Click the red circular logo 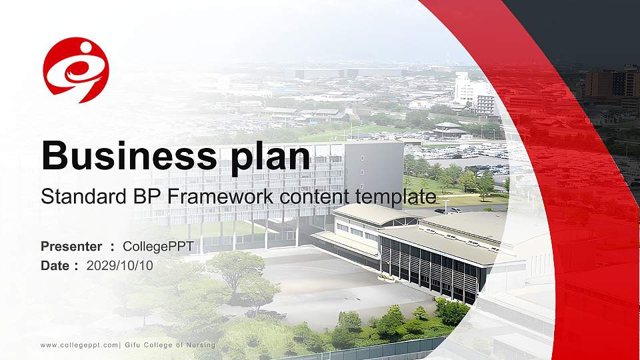tap(76, 70)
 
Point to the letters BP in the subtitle tap(146, 197)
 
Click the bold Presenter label tap(71, 247)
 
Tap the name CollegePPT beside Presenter tap(159, 247)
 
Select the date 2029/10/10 tap(120, 265)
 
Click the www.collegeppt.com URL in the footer tap(79, 345)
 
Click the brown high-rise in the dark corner tap(610, 83)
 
